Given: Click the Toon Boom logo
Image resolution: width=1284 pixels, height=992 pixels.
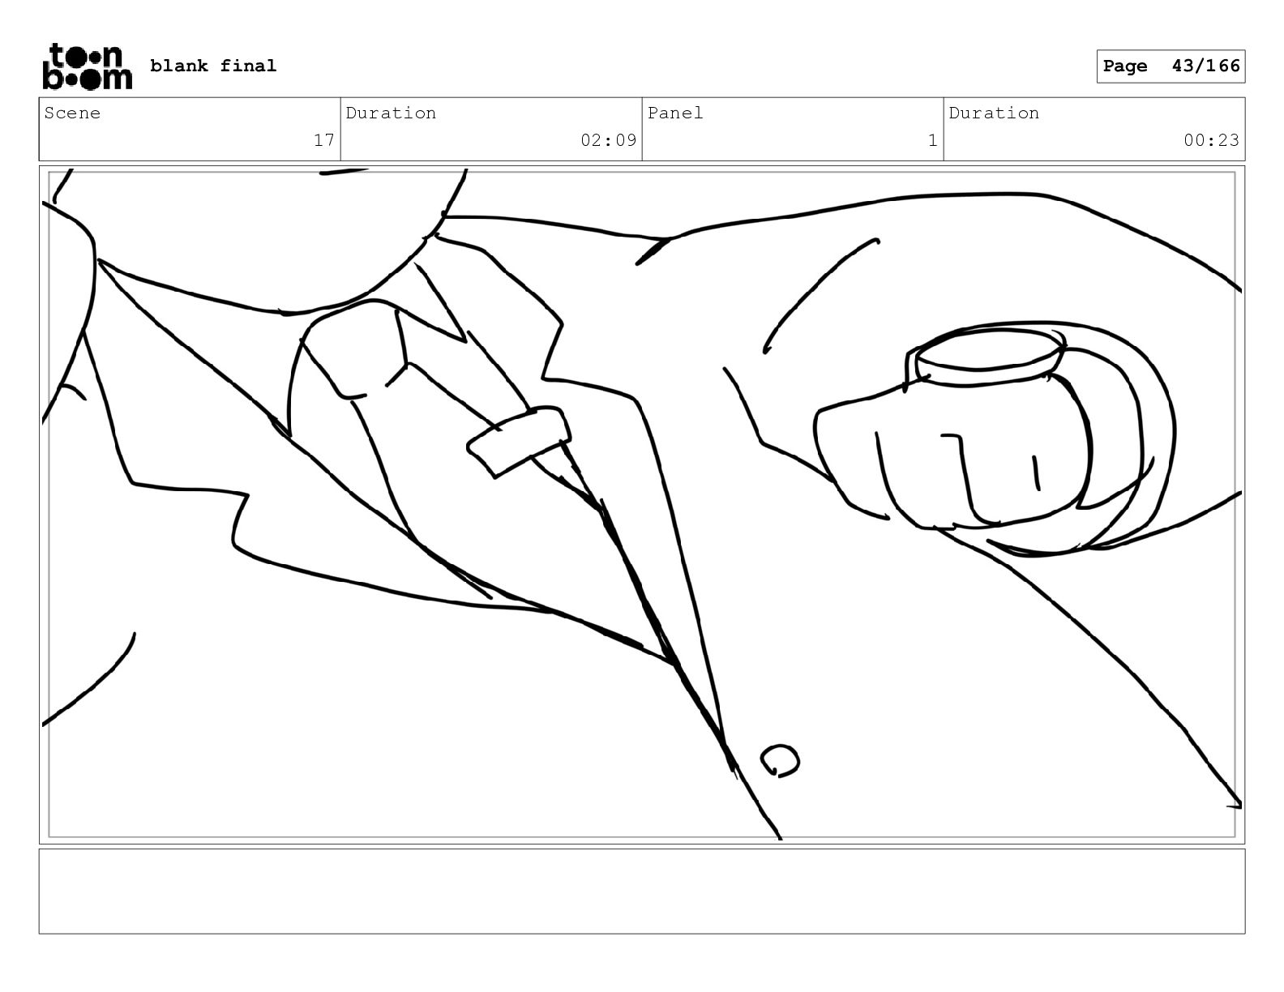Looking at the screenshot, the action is click(x=88, y=66).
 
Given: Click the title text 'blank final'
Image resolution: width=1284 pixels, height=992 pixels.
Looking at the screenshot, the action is click(x=213, y=66).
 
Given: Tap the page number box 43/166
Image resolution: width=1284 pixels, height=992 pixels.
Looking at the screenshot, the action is click(x=1171, y=66).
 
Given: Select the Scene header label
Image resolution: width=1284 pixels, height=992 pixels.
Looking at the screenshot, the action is click(x=72, y=113).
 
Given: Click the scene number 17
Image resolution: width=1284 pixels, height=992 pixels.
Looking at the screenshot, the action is click(x=323, y=140).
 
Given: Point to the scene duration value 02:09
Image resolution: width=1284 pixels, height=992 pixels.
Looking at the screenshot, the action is click(x=608, y=140).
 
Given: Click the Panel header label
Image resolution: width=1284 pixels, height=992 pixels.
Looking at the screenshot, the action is click(x=675, y=113).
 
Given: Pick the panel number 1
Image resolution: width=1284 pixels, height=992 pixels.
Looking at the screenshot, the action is click(x=932, y=141).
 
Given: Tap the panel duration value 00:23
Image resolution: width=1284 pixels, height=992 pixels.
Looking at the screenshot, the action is click(x=1211, y=140).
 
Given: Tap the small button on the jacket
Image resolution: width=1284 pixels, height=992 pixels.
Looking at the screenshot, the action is click(x=780, y=760).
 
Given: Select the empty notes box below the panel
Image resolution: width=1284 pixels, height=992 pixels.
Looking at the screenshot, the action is click(x=642, y=891).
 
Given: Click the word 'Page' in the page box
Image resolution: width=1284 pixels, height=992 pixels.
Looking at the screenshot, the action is click(x=1125, y=66).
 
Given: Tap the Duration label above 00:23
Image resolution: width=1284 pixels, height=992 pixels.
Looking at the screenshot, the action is click(x=994, y=113).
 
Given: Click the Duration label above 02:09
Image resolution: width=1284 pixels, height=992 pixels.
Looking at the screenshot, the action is click(x=391, y=113).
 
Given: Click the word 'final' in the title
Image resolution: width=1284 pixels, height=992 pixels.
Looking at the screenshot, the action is click(x=248, y=66).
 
